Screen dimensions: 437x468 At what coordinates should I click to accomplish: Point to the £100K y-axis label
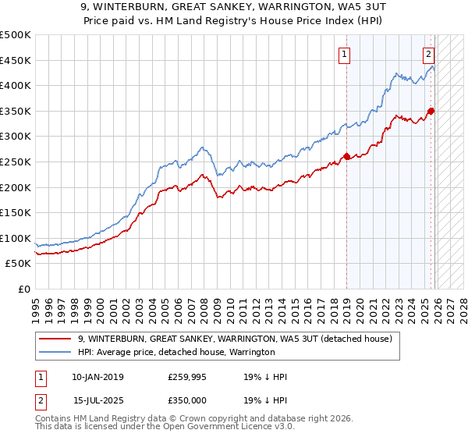[x=16, y=238]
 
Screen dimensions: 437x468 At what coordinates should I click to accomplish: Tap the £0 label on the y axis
[x=23, y=289]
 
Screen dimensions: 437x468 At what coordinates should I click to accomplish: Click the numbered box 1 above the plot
[x=344, y=54]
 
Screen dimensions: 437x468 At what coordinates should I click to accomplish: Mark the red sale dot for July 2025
[x=431, y=111]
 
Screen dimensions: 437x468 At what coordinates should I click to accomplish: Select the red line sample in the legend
[x=55, y=338]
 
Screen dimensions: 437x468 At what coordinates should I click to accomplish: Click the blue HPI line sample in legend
[x=55, y=352]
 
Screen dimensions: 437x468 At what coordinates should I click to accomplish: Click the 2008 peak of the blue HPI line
[x=202, y=147]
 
